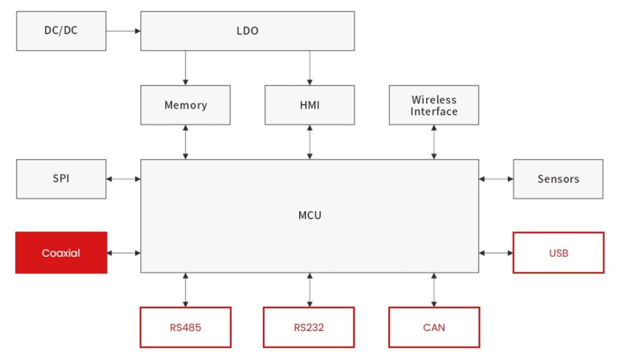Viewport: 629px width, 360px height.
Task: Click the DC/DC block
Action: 61,31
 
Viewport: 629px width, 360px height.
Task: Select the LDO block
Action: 247,31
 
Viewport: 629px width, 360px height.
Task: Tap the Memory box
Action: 186,105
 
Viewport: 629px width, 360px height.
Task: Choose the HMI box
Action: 310,105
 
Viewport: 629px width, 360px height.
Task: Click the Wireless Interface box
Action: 434,105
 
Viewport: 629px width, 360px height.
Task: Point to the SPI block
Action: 61,179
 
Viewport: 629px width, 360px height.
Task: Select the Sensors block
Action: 558,179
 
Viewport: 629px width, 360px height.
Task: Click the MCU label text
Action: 310,216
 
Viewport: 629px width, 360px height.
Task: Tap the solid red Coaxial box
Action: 61,252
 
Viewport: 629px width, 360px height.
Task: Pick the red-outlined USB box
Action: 558,252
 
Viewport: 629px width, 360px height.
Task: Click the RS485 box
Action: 186,327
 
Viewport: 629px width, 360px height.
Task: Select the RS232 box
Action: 309,327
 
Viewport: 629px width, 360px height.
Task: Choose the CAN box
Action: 434,327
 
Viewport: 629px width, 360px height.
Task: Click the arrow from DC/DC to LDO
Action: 123,30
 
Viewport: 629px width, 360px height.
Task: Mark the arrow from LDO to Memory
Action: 186,68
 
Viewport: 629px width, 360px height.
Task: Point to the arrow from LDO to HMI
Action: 310,68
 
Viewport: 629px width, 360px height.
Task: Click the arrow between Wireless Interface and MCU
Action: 434,142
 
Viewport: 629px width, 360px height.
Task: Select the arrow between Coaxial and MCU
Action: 124,252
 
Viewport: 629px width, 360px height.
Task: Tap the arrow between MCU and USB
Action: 496,252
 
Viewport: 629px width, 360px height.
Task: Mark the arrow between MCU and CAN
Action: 434,290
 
